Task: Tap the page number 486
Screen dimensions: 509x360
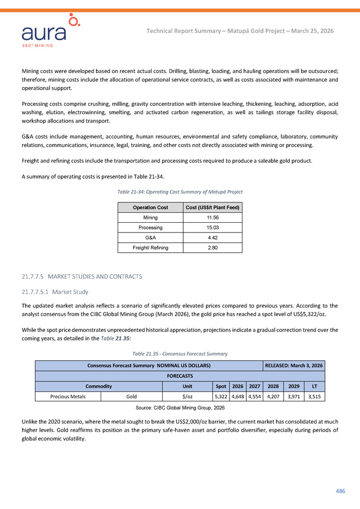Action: (340, 491)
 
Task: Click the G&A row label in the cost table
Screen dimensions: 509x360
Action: (150, 238)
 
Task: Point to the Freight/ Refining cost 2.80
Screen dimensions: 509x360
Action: (212, 248)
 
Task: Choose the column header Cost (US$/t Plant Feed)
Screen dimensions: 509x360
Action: (212, 207)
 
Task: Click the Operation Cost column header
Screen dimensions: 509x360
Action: (150, 207)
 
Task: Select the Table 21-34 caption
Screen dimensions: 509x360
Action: (180, 192)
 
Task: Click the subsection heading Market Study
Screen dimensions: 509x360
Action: (66, 292)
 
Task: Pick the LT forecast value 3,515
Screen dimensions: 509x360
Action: (315, 396)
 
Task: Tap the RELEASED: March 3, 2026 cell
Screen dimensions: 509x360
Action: (294, 365)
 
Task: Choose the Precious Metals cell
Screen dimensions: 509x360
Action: (68, 396)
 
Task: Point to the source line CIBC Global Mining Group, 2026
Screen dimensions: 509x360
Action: (180, 407)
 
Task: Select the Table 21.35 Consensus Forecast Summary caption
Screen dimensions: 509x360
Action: (180, 353)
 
